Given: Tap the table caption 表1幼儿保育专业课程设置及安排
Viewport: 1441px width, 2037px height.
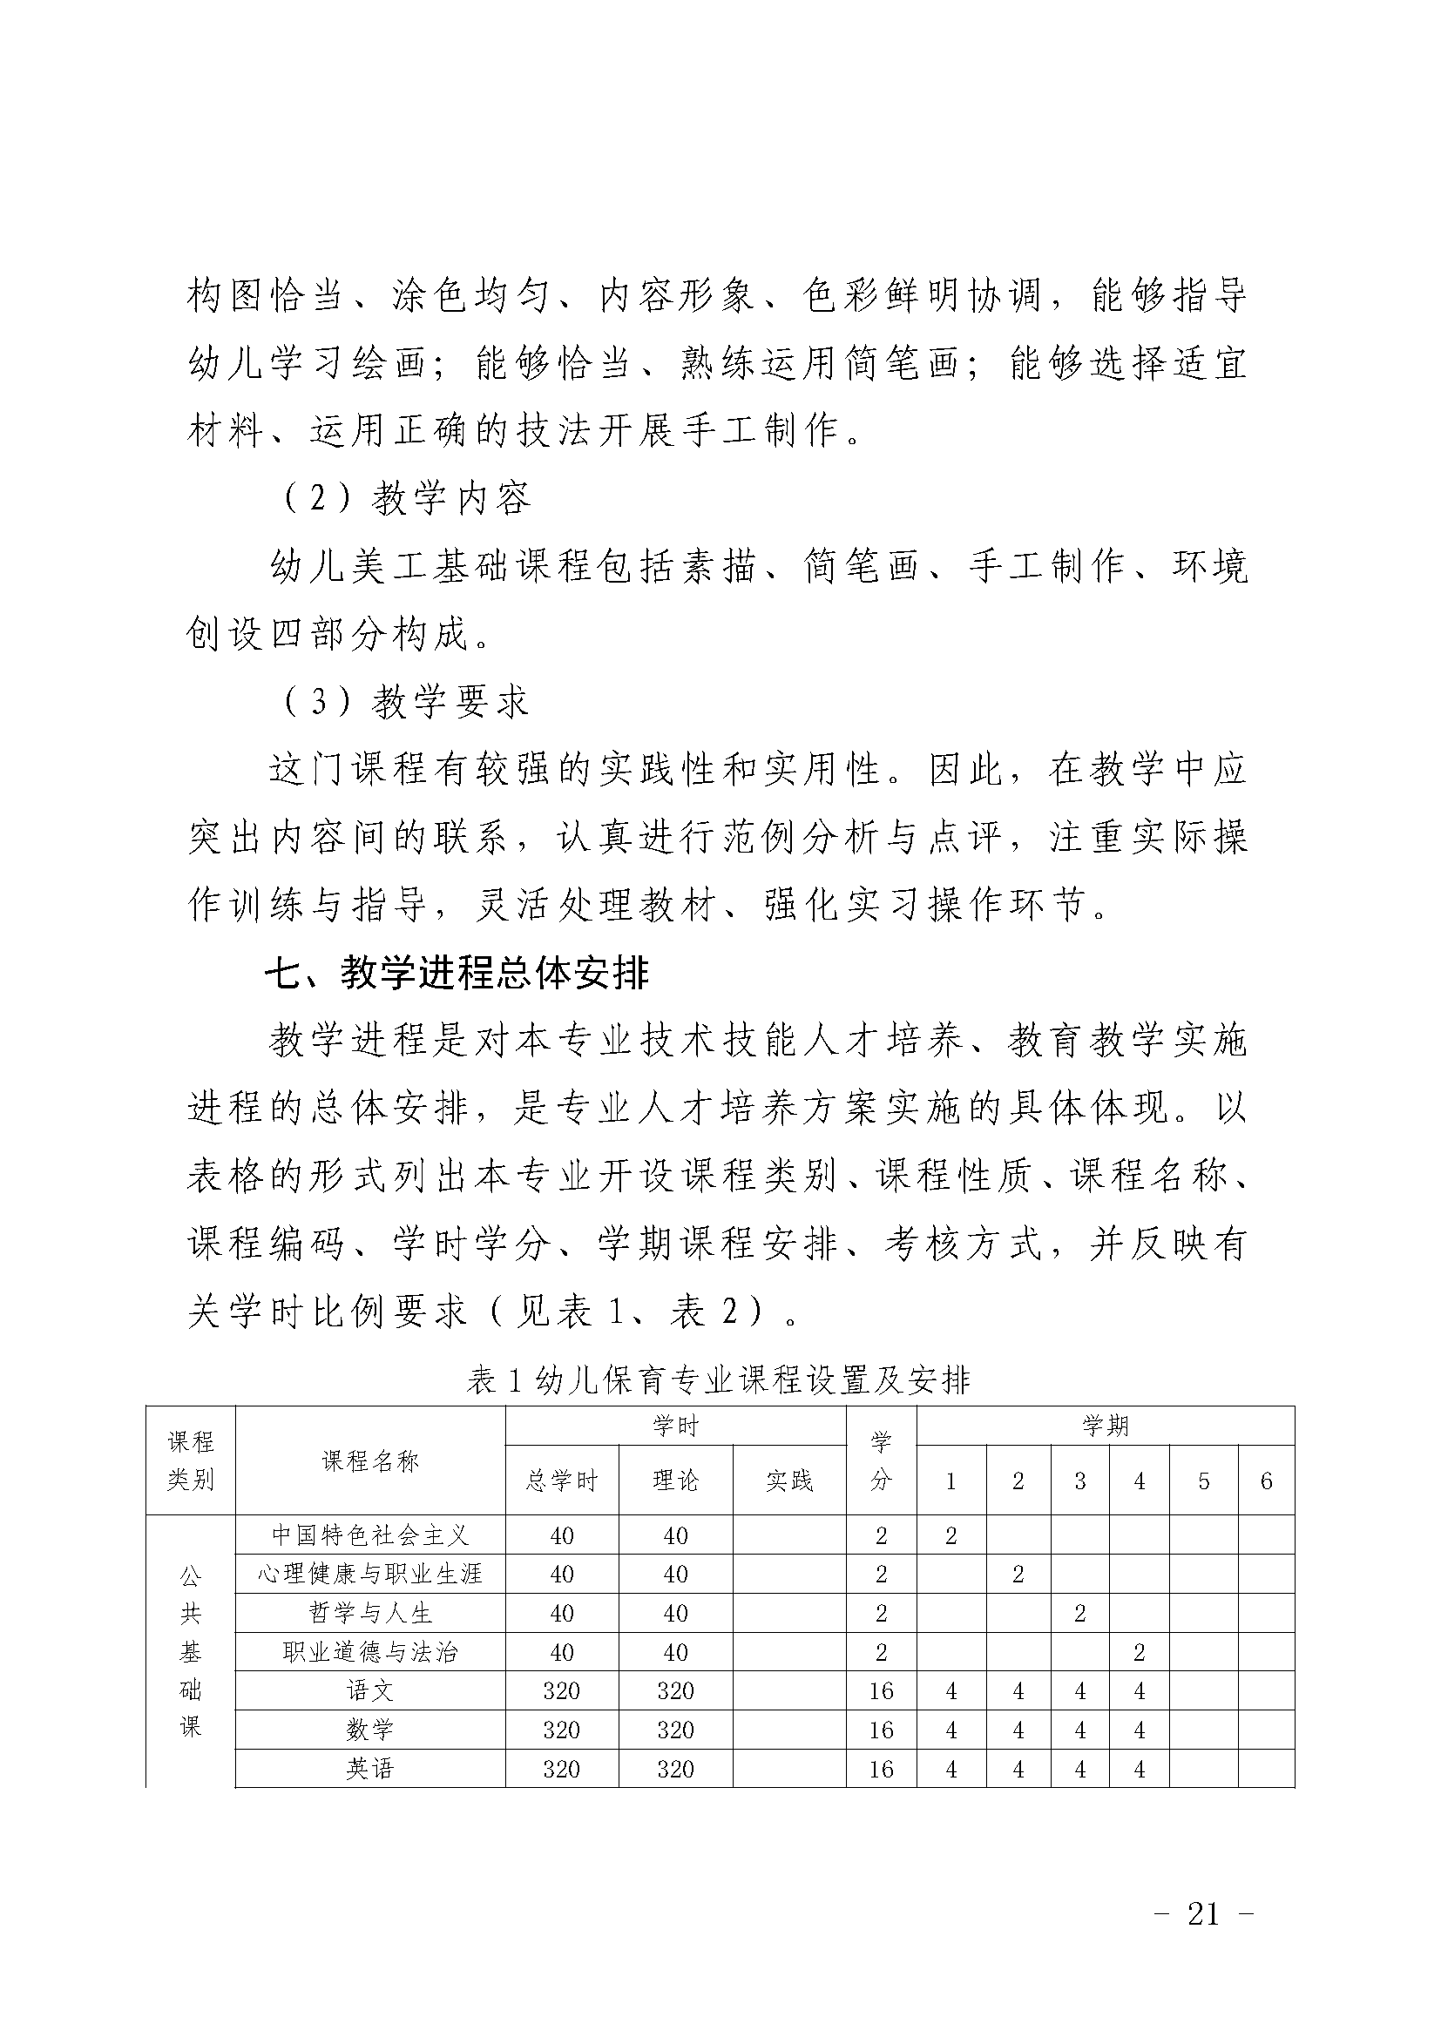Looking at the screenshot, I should (719, 1379).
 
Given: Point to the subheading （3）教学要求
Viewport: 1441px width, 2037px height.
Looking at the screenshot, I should (406, 702).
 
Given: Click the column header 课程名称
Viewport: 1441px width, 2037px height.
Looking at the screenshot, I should (370, 1461).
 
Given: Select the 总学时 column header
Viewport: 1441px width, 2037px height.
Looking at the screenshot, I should (562, 1481).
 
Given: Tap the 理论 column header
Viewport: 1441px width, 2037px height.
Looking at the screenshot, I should (675, 1481).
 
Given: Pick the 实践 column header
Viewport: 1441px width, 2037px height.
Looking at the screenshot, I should (788, 1481).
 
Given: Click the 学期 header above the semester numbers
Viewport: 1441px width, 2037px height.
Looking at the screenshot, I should (1105, 1426).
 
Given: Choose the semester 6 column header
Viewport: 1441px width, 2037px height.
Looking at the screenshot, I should (1266, 1481).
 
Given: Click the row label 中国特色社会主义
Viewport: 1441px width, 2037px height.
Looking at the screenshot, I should (370, 1535).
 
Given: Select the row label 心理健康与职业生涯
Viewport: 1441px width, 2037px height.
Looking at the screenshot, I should (370, 1575).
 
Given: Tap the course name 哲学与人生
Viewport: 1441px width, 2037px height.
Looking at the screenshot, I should (370, 1614).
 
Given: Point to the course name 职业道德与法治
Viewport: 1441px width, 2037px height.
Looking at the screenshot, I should (370, 1653).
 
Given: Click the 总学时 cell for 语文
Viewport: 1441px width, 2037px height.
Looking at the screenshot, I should (562, 1691).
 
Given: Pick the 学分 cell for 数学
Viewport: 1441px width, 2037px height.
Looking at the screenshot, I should (881, 1730).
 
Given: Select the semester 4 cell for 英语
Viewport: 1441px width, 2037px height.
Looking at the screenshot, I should (1140, 1769).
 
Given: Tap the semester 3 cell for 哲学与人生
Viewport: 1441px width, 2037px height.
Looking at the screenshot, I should (1079, 1614).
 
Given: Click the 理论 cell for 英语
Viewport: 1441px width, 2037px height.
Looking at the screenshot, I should (675, 1769).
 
